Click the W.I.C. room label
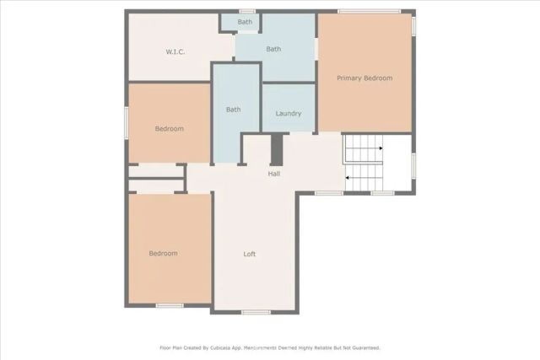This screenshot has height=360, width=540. [175, 52]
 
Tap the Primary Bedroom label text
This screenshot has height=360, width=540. [364, 78]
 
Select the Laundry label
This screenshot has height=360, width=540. [289, 114]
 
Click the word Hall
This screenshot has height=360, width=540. [274, 174]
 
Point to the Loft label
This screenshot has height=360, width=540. [250, 254]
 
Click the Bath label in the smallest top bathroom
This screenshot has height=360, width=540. [245, 22]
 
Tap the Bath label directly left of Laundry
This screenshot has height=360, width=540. [233, 110]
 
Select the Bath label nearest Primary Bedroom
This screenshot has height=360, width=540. [273, 49]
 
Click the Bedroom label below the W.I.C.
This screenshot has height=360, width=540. [169, 129]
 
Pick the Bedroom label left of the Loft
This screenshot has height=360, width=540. [163, 254]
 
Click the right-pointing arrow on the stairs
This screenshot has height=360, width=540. [381, 148]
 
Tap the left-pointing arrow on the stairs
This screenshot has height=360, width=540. [348, 178]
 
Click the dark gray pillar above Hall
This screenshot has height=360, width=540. [276, 149]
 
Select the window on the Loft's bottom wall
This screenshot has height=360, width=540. [256, 313]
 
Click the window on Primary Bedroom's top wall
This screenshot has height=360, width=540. [364, 11]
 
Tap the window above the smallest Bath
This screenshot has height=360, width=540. [246, 11]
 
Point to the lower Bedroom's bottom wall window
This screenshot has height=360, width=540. [170, 305]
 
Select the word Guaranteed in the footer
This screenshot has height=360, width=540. [364, 347]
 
